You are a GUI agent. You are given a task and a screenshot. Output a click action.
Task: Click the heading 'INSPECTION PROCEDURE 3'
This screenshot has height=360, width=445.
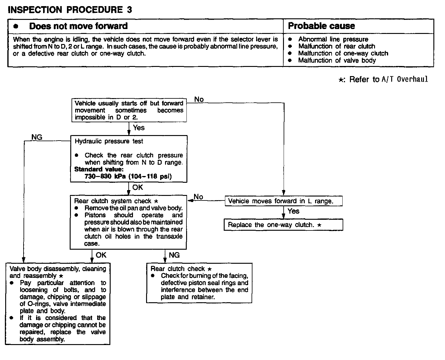(70, 10)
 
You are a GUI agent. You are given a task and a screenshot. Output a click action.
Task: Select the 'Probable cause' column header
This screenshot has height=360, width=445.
(321, 26)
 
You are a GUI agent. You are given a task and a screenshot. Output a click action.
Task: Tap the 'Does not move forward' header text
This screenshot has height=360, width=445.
(78, 26)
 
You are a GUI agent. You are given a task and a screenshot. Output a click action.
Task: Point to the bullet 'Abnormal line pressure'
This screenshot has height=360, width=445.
(333, 39)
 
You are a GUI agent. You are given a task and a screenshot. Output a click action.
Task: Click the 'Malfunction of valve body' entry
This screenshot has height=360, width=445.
(337, 61)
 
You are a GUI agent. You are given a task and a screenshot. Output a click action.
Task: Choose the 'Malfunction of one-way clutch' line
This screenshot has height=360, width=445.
(343, 53)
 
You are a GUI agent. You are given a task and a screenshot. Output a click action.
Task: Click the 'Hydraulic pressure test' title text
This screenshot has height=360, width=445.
(109, 141)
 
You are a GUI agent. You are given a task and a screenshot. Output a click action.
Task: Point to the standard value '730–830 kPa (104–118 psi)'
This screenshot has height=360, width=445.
(128, 176)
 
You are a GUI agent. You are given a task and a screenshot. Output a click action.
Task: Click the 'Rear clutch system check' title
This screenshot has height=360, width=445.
(113, 201)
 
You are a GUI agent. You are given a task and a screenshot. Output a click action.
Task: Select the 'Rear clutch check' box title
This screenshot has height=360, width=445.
(178, 269)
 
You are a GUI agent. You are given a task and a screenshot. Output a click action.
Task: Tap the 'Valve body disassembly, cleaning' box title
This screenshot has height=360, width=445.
(58, 269)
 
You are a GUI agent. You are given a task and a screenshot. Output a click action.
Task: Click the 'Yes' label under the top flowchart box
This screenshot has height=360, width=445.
(139, 128)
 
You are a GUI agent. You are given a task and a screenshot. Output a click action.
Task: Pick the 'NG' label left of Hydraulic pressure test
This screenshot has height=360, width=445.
(37, 138)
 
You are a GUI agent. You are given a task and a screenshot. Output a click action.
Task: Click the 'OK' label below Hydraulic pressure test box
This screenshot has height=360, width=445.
(138, 187)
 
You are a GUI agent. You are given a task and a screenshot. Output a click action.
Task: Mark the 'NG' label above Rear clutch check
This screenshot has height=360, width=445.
(174, 255)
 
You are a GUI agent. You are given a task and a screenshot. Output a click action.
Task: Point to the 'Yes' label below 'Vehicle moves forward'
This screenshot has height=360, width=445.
(293, 211)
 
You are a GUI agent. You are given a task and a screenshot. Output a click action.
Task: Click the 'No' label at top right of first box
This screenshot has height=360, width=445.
(199, 99)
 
